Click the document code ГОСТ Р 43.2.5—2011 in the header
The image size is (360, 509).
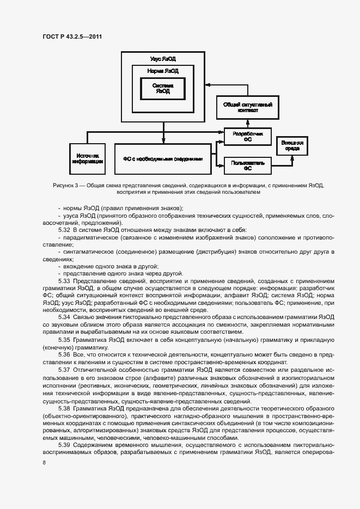coord(72,36)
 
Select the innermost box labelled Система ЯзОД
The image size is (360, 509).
coord(162,88)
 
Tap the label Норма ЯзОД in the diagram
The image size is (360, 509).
coord(163,71)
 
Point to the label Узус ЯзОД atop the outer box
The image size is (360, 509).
coord(163,58)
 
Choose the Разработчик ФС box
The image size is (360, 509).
coord(247,136)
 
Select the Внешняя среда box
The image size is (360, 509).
coord(292,145)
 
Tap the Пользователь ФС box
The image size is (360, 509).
coord(247,164)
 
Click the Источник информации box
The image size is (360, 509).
coord(88,158)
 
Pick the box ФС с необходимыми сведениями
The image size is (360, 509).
coord(162,159)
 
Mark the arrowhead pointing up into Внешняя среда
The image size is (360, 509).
coord(292,157)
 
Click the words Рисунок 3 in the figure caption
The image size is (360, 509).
coord(66,186)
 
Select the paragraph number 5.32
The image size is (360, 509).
coord(64,230)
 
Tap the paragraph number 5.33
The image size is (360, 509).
coord(64,280)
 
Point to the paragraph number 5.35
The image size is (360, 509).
coord(64,340)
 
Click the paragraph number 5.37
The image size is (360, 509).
coord(64,369)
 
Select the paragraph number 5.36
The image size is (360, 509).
coord(64,354)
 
